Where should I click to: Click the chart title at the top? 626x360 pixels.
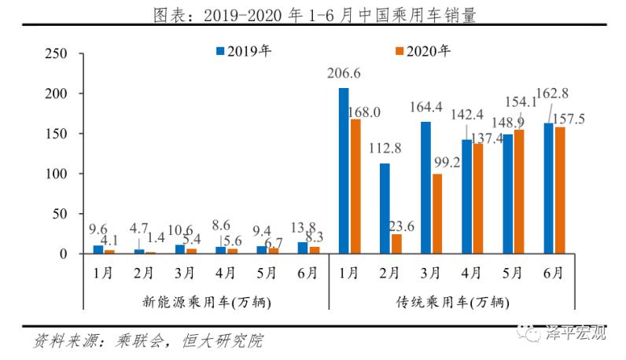(x=313, y=13)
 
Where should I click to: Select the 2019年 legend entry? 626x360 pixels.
(x=244, y=51)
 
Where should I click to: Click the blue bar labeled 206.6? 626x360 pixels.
(x=343, y=171)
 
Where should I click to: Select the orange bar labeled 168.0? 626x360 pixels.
(x=355, y=186)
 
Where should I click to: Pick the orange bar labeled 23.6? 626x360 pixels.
(x=396, y=244)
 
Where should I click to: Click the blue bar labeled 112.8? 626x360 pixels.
(x=384, y=208)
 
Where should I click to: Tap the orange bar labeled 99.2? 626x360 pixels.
(x=436, y=214)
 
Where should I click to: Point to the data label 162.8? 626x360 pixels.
(x=552, y=94)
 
